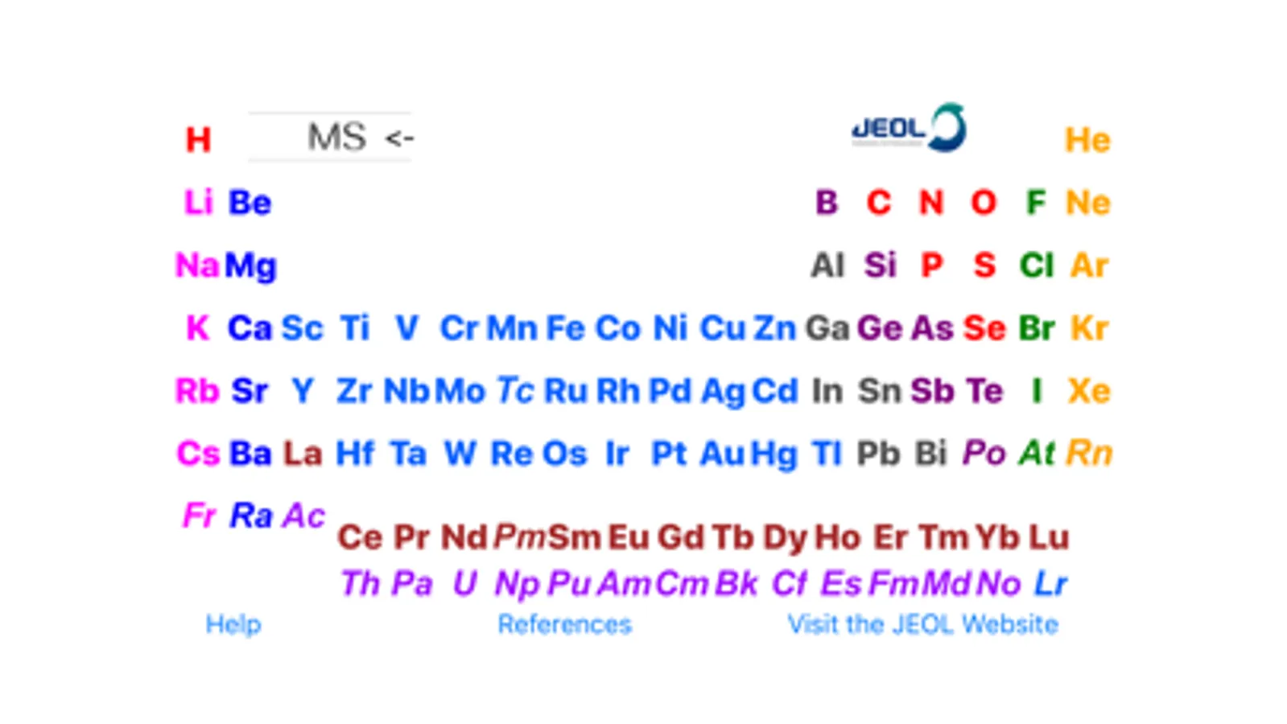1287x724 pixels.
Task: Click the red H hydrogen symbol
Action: pos(198,139)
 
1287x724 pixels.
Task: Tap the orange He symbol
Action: pos(1087,140)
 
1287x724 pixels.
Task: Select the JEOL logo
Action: pos(909,127)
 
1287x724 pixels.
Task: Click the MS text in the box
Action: pos(336,137)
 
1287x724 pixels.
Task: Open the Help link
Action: pos(233,624)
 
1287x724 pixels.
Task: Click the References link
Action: pos(565,624)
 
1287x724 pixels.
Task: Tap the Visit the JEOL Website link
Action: pos(922,624)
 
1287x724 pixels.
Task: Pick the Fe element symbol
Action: pos(565,328)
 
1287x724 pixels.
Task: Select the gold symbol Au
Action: pos(722,454)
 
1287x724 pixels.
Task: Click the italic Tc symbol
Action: pos(515,391)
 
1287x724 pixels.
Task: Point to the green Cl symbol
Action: pos(1037,265)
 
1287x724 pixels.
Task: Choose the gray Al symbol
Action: pos(827,265)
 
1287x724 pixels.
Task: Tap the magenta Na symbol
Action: pos(197,265)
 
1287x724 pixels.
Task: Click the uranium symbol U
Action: pos(464,583)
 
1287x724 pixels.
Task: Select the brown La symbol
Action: pos(302,454)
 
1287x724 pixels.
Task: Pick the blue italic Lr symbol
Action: pos(1051,583)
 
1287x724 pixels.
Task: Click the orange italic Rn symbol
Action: pos(1089,454)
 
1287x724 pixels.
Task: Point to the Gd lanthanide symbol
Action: pos(680,538)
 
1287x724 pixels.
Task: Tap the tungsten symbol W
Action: pos(460,454)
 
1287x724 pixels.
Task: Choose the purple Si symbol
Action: pos(880,265)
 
